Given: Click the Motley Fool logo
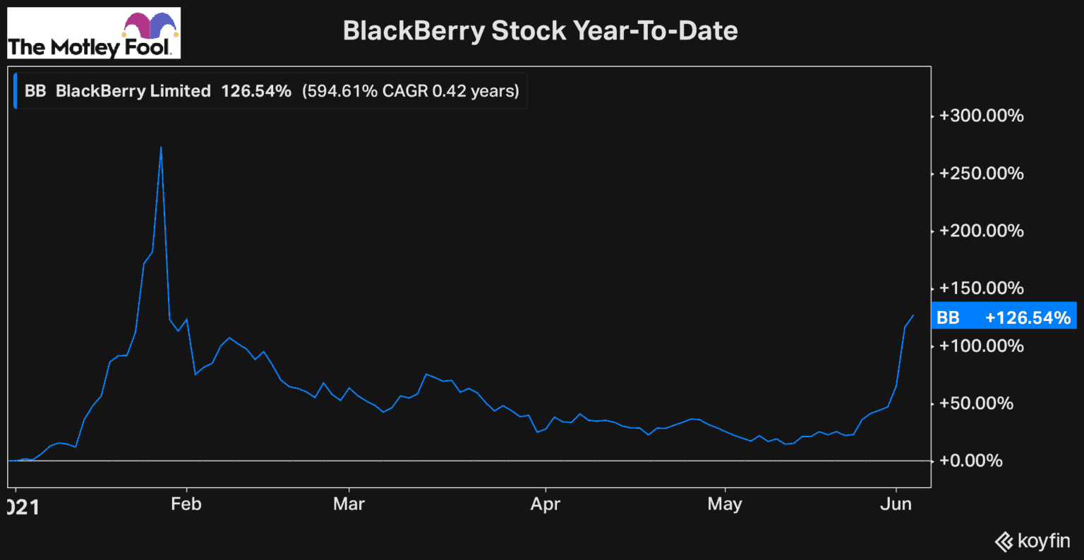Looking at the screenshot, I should (x=93, y=34).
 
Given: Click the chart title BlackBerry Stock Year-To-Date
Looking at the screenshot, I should (x=540, y=31).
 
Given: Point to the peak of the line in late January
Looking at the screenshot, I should (x=162, y=147).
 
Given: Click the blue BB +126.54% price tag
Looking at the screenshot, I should (x=1004, y=317).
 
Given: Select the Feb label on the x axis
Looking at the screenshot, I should (x=186, y=504).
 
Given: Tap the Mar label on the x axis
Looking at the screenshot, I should (x=349, y=504).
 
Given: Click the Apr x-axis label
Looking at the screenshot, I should (x=545, y=504).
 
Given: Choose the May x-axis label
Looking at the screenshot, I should (x=725, y=504).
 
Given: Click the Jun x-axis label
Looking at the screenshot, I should (x=897, y=504).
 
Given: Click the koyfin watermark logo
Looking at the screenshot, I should (x=1032, y=541).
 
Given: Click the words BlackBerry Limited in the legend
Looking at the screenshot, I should (x=133, y=91).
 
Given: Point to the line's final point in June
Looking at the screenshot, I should (x=913, y=315).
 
